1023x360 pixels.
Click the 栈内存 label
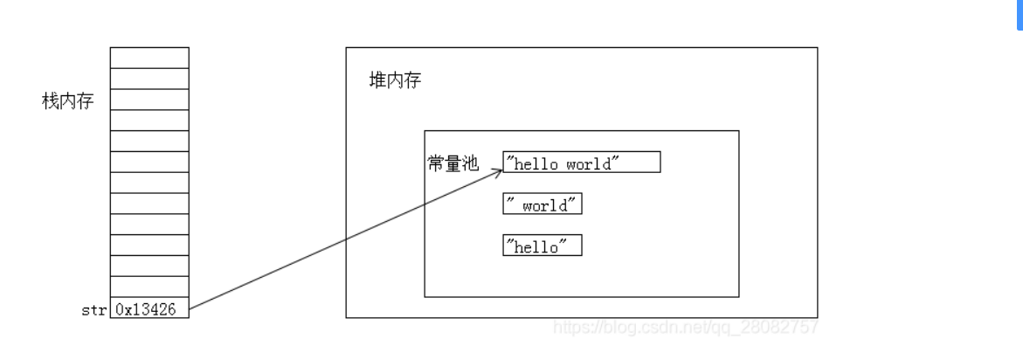coord(67,100)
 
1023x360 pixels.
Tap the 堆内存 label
coord(395,81)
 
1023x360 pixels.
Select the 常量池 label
coord(453,163)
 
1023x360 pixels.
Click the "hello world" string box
coord(581,163)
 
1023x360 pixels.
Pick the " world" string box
coord(542,205)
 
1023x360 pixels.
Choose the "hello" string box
coord(542,246)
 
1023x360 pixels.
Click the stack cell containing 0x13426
coord(149,308)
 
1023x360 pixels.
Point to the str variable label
coord(93,309)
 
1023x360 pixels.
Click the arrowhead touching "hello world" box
coord(500,171)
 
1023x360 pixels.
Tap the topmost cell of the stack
coord(149,58)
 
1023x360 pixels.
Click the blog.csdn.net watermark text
coord(686,328)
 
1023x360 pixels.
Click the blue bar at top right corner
coord(1019,15)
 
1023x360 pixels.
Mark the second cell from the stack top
coord(149,78)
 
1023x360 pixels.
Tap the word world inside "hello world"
coord(588,163)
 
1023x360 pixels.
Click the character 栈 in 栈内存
coord(50,100)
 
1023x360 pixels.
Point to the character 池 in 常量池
coord(471,163)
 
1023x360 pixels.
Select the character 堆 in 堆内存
coord(377,81)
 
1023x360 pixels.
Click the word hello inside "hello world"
coord(536,163)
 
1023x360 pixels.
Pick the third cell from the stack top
coord(149,99)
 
